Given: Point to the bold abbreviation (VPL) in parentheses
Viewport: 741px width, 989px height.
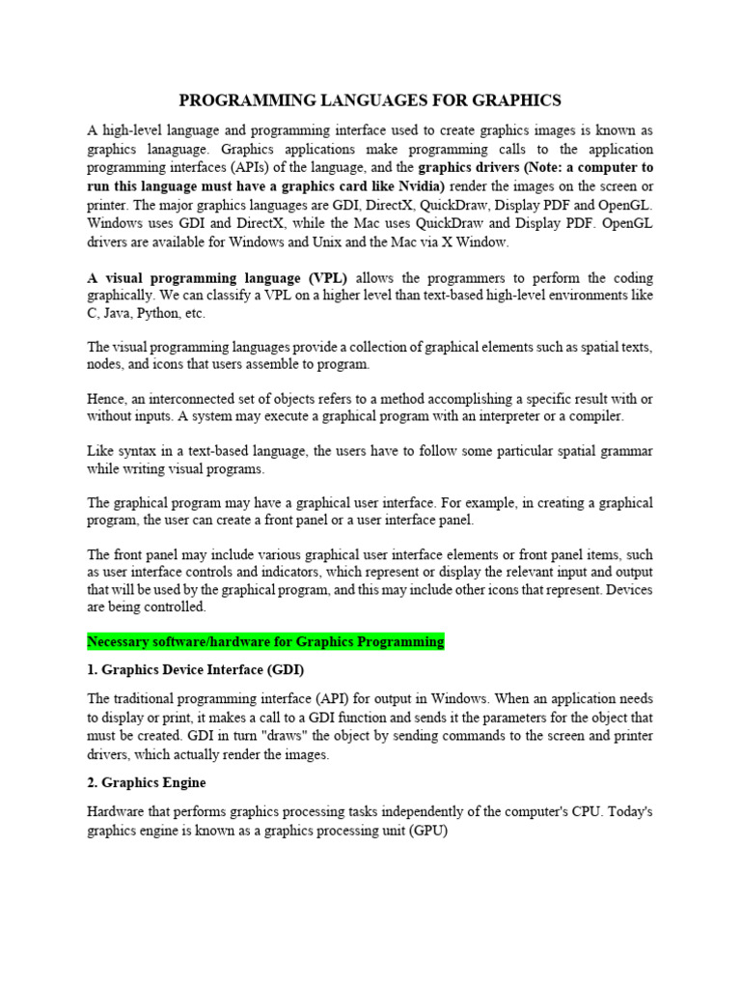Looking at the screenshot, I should (323, 277).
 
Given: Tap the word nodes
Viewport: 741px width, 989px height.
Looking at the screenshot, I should (105, 364).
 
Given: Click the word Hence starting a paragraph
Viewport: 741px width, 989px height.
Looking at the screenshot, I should (106, 399).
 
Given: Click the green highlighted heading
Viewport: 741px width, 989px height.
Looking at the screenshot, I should (266, 641).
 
